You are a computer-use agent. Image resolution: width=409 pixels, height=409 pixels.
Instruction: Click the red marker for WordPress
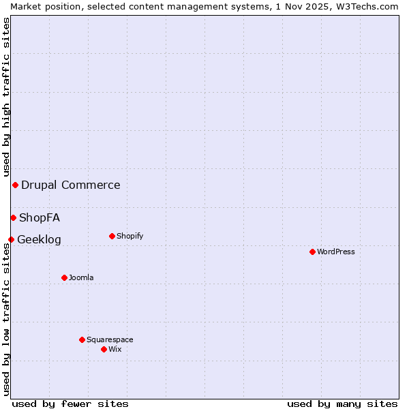click(312, 252)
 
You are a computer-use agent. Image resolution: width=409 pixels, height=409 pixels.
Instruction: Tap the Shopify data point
click(112, 236)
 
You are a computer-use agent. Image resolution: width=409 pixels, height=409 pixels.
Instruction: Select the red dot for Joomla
click(64, 277)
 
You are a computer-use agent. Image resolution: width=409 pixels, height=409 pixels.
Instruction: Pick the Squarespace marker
click(82, 339)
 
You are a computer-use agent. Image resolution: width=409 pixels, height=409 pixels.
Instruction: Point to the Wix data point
click(104, 349)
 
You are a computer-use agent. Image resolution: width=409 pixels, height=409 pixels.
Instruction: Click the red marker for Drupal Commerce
click(15, 185)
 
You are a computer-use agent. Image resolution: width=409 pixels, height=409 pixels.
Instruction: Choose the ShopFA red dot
click(13, 217)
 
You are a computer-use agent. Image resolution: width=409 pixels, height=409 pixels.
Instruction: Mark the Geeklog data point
click(11, 239)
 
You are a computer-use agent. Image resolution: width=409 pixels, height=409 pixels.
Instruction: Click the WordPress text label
click(336, 252)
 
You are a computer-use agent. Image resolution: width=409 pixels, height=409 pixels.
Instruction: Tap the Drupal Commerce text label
click(71, 185)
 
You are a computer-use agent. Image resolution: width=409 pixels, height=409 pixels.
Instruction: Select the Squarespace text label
click(110, 339)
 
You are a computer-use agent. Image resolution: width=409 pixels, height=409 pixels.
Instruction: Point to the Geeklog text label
click(39, 240)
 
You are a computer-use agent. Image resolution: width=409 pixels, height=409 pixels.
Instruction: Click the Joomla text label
click(81, 277)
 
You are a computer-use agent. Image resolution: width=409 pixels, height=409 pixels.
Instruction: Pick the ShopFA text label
click(40, 218)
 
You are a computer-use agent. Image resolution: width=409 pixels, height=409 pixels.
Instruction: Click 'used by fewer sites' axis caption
click(70, 404)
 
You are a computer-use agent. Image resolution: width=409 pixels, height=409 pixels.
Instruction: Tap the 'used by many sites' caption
click(342, 404)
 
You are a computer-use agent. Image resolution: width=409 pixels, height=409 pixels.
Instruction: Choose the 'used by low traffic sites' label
click(6, 320)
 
